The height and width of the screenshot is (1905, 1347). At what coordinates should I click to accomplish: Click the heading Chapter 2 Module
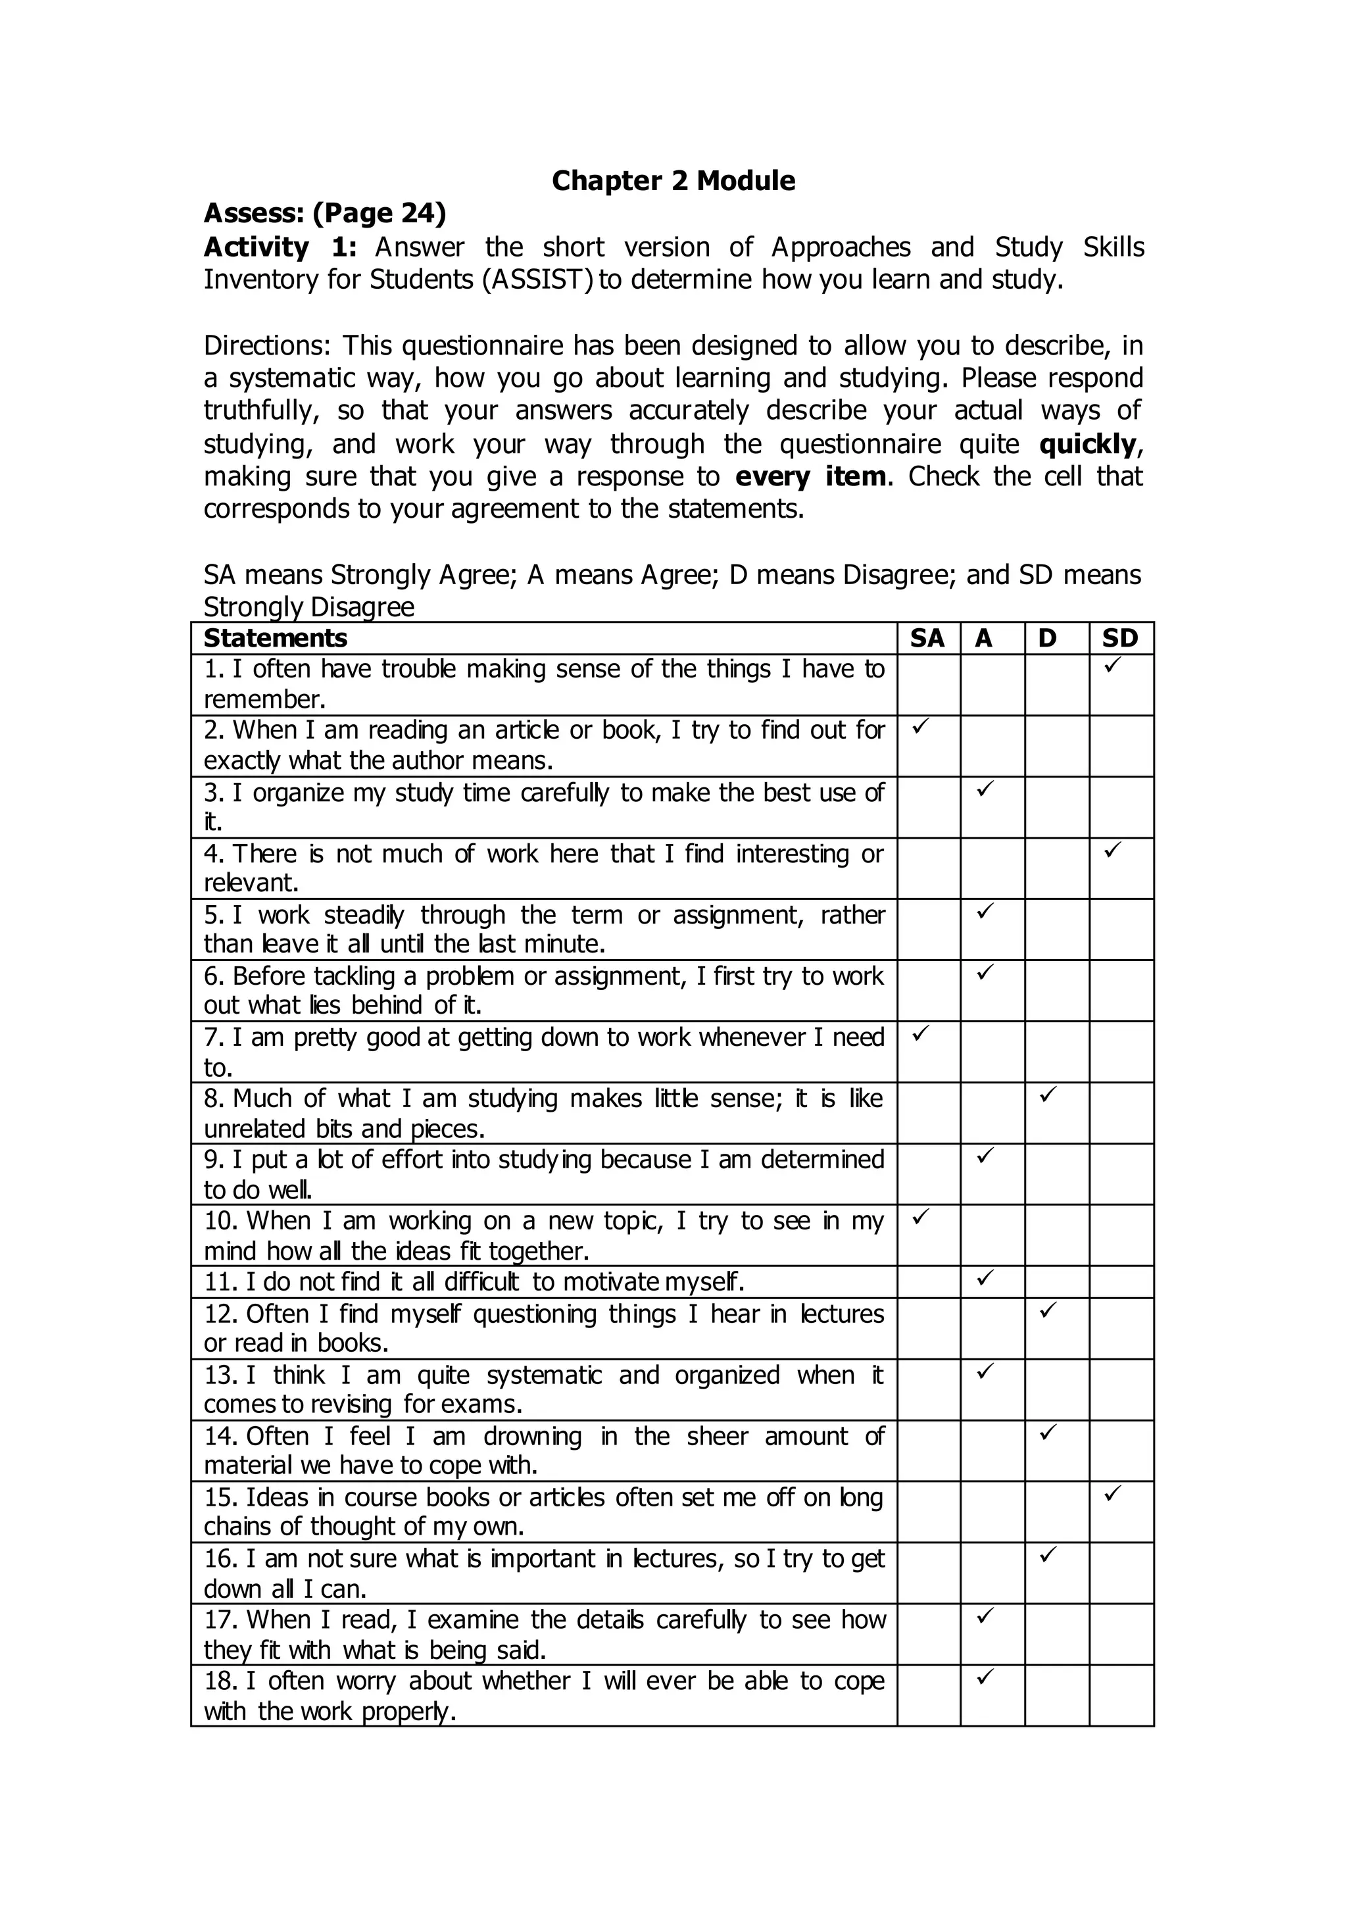tap(673, 181)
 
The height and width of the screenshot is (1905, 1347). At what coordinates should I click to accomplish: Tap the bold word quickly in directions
tap(1087, 445)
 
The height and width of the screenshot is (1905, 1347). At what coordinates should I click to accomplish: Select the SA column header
tap(927, 638)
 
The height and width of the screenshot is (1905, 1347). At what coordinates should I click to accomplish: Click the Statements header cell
tap(276, 638)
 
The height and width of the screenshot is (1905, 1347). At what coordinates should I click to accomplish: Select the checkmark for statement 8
tap(1048, 1095)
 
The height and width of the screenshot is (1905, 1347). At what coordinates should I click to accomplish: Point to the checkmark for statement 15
tap(1112, 1493)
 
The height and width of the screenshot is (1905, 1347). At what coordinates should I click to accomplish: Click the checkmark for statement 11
tap(985, 1277)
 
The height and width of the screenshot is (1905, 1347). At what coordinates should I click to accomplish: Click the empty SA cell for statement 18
tap(928, 1695)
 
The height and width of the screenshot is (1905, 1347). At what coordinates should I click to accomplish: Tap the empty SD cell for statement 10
tap(1121, 1235)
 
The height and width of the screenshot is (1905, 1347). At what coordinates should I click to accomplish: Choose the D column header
tap(1048, 638)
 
